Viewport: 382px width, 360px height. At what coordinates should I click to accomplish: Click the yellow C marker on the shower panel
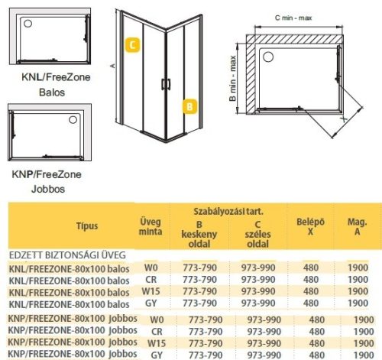(x=133, y=45)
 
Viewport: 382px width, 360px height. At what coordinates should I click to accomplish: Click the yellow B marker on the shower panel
(x=188, y=106)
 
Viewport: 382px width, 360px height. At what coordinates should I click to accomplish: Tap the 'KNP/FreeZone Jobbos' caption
(x=42, y=180)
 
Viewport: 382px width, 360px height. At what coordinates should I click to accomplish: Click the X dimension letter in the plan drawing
(x=344, y=118)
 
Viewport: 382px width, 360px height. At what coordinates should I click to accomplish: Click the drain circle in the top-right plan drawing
(x=268, y=56)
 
